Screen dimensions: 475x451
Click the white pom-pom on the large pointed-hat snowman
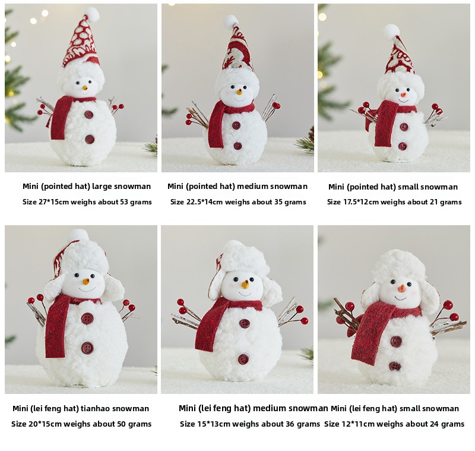tap(92, 14)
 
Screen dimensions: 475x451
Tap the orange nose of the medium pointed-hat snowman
tap(239, 91)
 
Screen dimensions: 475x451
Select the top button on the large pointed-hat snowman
tap(88, 115)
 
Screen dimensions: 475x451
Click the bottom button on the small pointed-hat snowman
tap(403, 146)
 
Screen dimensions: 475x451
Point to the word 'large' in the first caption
tap(102, 187)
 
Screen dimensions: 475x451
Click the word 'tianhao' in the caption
tap(96, 409)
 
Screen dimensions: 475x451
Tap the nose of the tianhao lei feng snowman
tap(86, 282)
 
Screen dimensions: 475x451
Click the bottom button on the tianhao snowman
tap(87, 348)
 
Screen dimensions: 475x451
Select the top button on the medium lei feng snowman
tap(245, 323)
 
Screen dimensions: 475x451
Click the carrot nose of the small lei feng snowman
tap(402, 288)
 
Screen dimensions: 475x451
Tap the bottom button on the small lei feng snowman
tap(395, 367)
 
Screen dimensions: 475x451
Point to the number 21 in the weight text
tap(432, 202)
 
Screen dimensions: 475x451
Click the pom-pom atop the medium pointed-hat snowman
tap(231, 21)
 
